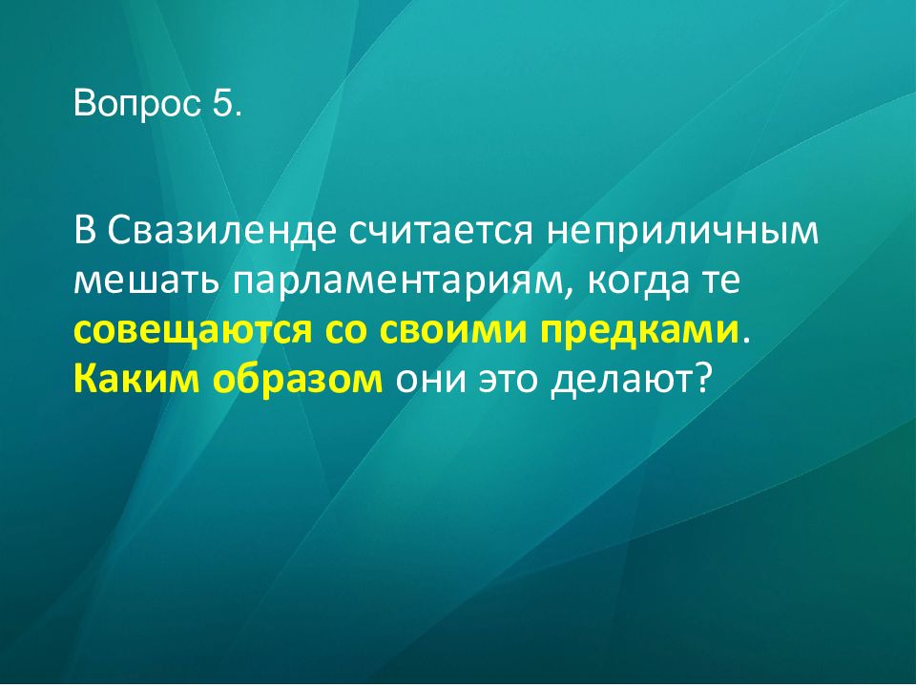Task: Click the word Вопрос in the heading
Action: (134, 104)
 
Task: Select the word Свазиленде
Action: (220, 233)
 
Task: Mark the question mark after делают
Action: (703, 382)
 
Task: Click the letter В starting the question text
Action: (85, 233)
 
